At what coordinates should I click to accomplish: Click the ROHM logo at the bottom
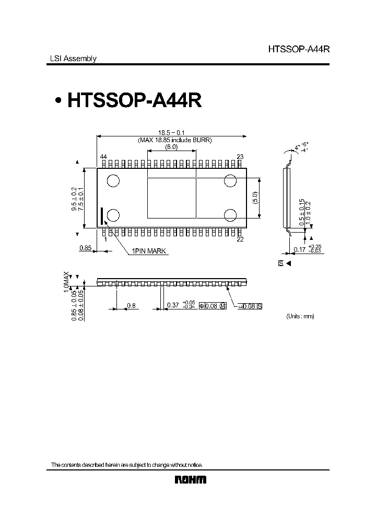[x=190, y=480]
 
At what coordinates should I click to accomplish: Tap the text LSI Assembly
[x=73, y=59]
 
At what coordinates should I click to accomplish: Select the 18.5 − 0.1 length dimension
[x=172, y=133]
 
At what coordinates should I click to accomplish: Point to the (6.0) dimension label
[x=172, y=147]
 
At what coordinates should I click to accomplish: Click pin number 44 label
[x=103, y=157]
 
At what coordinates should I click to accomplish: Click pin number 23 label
[x=240, y=157]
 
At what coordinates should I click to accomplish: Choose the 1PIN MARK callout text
[x=148, y=251]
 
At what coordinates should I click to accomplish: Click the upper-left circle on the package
[x=113, y=181]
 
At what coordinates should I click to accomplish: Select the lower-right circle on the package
[x=231, y=215]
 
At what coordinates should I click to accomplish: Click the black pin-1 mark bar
[x=102, y=215]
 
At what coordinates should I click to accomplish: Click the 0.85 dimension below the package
[x=85, y=248]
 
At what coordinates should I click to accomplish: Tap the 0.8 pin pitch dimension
[x=132, y=305]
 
